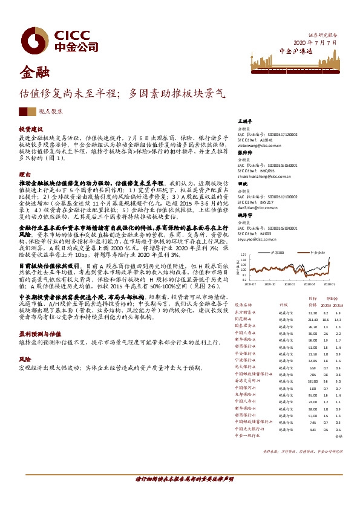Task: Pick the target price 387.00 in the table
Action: click(312, 382)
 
